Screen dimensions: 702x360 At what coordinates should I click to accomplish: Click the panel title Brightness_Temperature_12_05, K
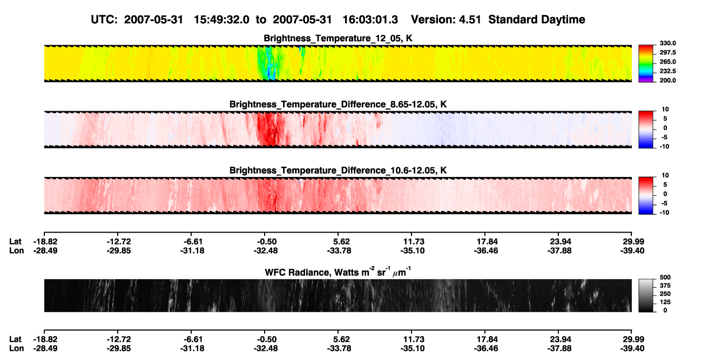tap(338, 38)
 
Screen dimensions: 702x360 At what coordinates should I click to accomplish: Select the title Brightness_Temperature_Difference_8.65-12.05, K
tap(338, 104)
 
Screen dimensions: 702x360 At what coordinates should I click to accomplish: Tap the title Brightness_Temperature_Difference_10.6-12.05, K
tap(338, 171)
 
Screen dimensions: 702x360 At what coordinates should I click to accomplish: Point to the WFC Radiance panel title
tap(338, 272)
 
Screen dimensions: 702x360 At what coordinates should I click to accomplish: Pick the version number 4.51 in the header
tap(470, 19)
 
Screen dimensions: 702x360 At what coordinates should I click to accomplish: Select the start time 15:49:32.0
tap(221, 19)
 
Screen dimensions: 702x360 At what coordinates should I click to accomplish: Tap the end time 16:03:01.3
tap(370, 19)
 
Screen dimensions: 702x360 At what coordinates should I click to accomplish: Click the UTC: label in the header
tap(104, 19)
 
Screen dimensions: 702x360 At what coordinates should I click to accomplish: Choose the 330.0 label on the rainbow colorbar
tap(667, 43)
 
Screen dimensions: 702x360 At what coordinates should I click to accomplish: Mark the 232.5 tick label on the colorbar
tap(667, 71)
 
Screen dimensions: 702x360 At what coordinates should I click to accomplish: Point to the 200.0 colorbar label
tap(667, 80)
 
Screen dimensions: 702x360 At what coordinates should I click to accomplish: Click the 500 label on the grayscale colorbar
tap(665, 277)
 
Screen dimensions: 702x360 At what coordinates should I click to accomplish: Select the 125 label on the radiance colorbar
tap(665, 302)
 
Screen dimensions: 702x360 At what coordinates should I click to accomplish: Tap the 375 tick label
tap(665, 286)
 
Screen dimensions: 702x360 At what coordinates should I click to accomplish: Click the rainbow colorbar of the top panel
tap(646, 64)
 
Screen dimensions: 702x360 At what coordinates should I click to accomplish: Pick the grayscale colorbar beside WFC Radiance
tap(646, 295)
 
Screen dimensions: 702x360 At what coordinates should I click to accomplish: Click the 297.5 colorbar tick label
tap(667, 53)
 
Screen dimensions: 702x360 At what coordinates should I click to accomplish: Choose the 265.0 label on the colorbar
tap(667, 62)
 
